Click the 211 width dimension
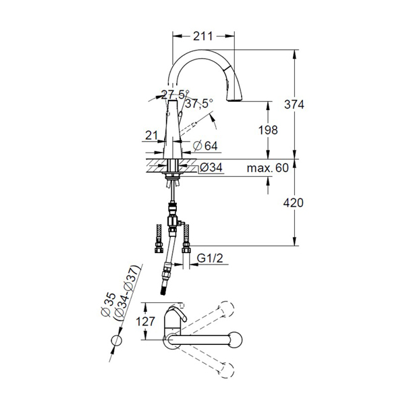tap(203, 36)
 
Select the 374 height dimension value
tap(294, 105)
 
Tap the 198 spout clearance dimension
tap(268, 130)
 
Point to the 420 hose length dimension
tap(294, 202)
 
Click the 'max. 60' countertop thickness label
tap(267, 168)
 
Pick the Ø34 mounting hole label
tap(211, 167)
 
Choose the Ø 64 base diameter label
tap(205, 146)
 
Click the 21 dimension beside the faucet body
tap(151, 136)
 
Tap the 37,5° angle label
tap(199, 104)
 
